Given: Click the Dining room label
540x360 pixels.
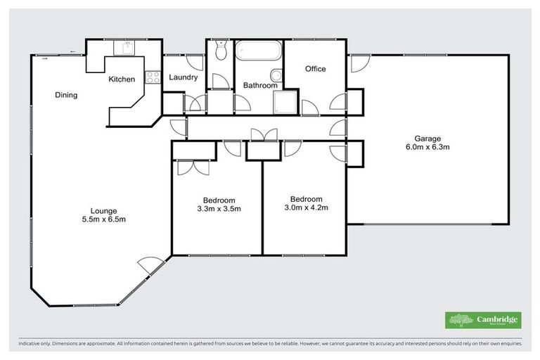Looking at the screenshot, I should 66,96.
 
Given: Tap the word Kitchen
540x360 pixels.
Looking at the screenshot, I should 121,79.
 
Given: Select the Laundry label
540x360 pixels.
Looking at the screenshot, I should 183,77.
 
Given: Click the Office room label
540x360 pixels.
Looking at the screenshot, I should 316,69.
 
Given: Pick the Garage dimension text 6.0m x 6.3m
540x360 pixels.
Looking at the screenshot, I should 427,148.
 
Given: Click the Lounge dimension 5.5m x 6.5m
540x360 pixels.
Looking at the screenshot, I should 103,219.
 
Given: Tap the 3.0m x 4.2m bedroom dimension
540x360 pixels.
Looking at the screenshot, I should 307,207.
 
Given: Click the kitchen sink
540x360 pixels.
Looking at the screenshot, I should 128,48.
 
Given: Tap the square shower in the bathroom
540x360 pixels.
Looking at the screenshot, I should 285,103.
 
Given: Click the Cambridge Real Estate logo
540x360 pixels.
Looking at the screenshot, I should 483,320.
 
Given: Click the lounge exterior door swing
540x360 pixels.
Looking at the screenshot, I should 150,266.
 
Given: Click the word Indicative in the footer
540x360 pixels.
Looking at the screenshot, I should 30,345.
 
